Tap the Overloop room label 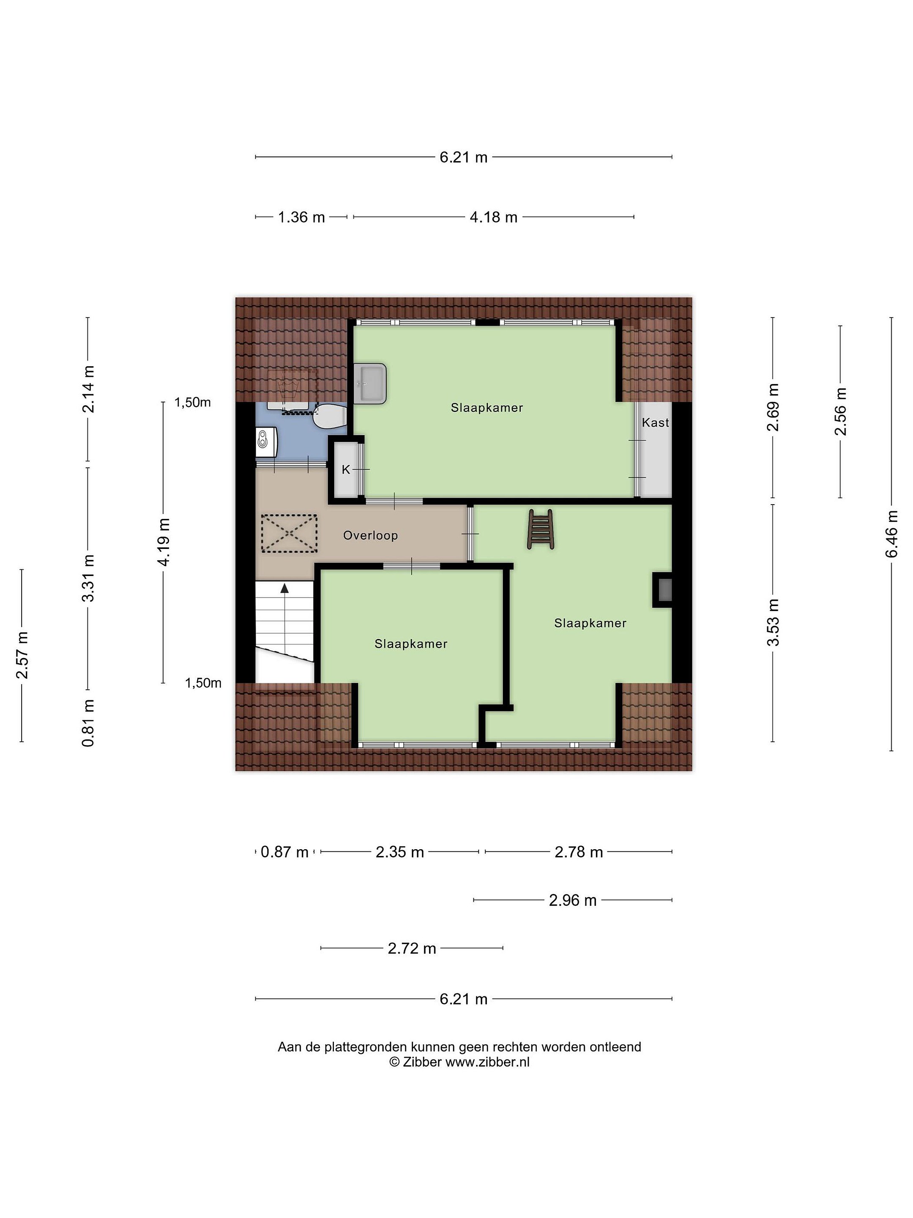pos(370,535)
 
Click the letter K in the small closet pos(346,470)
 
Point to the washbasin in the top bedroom pos(370,383)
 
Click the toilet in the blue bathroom pos(328,416)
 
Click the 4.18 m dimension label pos(493,217)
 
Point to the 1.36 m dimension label pos(301,217)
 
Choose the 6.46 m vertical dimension pos(891,534)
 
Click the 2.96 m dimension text pos(572,900)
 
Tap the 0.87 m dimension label pos(284,852)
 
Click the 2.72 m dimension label pos(412,948)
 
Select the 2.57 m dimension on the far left pos(22,655)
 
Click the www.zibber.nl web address pos(488,1062)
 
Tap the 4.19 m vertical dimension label pos(164,542)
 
